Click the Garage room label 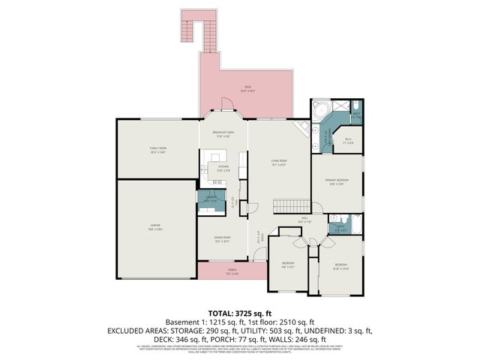click(x=155, y=229)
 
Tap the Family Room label click(x=157, y=150)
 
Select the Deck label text click(x=247, y=88)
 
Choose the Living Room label click(x=279, y=162)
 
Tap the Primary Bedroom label click(x=334, y=181)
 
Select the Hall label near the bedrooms click(x=304, y=220)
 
